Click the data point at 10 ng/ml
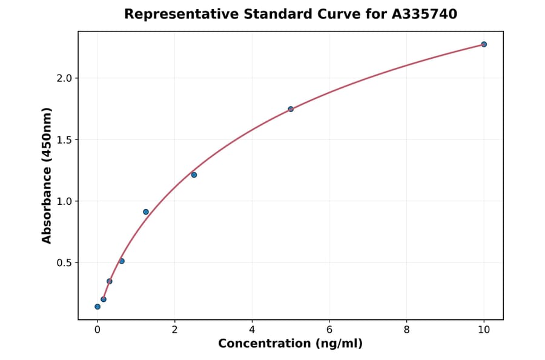(484, 44)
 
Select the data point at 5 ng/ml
(291, 109)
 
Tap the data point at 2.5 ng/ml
(194, 175)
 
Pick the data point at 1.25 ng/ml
(146, 212)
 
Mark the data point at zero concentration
(97, 307)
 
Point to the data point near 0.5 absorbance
(122, 261)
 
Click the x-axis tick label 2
(174, 330)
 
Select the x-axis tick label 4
(252, 330)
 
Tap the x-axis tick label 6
(329, 330)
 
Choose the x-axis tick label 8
(406, 330)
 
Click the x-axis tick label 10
(484, 330)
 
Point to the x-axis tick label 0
(97, 330)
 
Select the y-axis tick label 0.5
(64, 263)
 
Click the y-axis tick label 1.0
(64, 201)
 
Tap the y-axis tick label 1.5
(64, 140)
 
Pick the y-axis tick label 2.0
(64, 78)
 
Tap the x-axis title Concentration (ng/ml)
(290, 344)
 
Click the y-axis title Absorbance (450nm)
(47, 175)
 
